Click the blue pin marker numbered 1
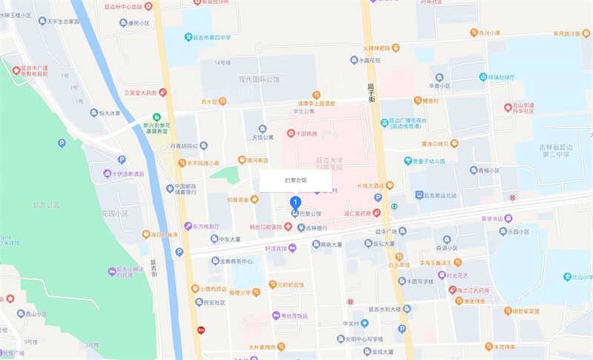tap(296, 201)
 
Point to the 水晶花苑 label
tap(365, 60)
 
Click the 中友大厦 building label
tap(225, 239)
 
